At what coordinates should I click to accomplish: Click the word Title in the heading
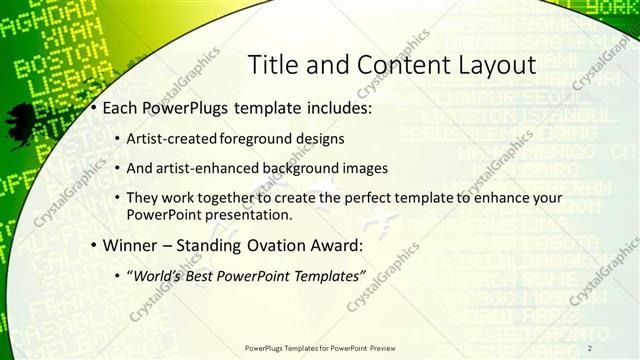[x=270, y=66]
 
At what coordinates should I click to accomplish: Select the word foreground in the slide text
[x=260, y=138]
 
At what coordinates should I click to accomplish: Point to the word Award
[x=336, y=245]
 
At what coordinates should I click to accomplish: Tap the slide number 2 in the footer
[x=590, y=347]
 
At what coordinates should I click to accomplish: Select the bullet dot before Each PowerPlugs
[x=93, y=107]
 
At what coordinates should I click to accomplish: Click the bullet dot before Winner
[x=93, y=246]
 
